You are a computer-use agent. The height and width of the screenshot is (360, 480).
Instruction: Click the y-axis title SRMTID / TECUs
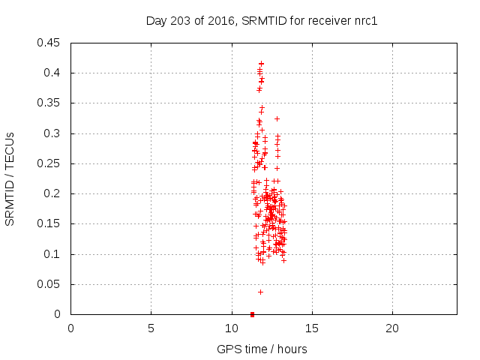tap(10, 178)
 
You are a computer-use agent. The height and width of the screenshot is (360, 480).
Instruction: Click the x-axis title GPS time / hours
tap(262, 349)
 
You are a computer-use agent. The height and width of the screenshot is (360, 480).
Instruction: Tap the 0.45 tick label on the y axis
tap(50, 43)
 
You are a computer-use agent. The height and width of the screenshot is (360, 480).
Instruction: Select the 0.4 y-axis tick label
tap(53, 73)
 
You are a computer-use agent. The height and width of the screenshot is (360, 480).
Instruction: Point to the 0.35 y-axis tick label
tap(50, 103)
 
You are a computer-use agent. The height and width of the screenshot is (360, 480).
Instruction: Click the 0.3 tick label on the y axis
tap(53, 133)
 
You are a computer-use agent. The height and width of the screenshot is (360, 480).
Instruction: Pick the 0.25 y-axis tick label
tap(50, 163)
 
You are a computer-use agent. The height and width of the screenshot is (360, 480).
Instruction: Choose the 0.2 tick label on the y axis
tap(53, 193)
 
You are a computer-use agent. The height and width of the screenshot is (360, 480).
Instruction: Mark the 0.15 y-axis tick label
tap(50, 224)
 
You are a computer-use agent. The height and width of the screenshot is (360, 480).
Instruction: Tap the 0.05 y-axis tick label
tap(50, 284)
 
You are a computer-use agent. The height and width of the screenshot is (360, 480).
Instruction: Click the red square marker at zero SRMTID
tap(252, 314)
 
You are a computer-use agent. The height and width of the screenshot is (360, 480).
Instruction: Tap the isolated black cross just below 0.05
tap(260, 292)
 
